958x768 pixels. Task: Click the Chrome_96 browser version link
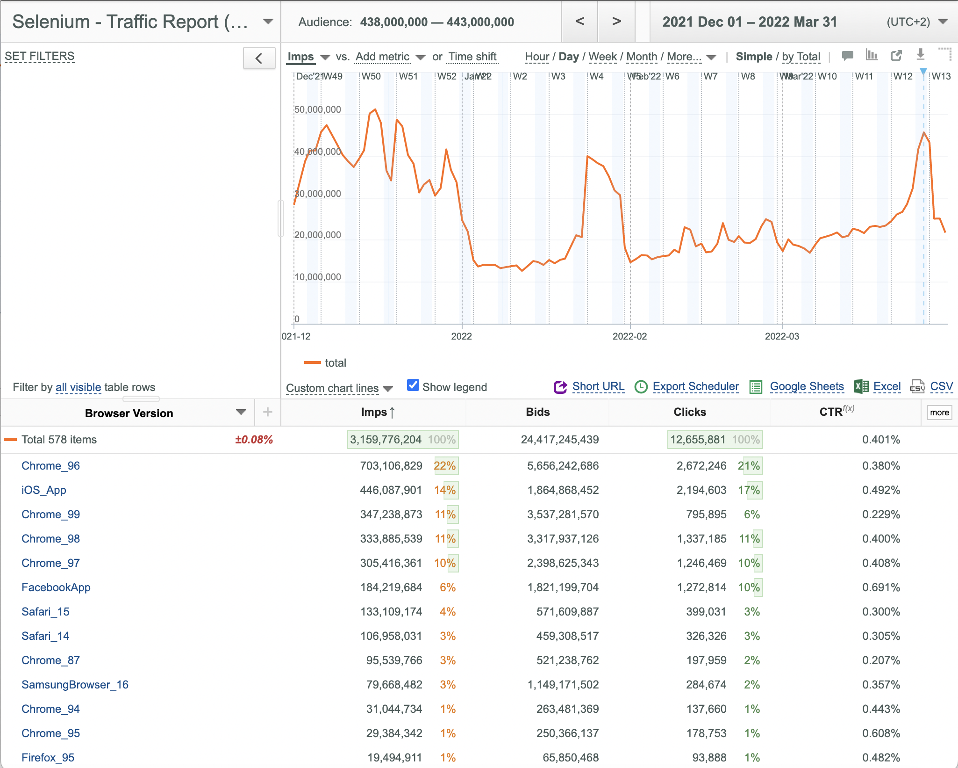[50, 466]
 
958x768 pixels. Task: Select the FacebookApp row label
[56, 587]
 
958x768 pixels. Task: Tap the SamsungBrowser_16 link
[75, 685]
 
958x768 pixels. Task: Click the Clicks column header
[690, 412]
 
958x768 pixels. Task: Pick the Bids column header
[538, 412]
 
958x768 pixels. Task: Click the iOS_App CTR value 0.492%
[881, 490]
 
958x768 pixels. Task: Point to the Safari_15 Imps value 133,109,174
[391, 612]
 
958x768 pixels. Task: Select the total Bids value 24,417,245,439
[560, 440]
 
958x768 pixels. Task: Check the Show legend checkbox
[413, 385]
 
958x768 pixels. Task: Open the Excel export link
[887, 387]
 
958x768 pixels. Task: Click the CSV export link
[941, 387]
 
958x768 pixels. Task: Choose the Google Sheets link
[807, 387]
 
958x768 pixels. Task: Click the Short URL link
[598, 387]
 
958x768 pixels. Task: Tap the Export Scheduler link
[696, 387]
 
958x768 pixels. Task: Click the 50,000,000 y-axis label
[318, 110]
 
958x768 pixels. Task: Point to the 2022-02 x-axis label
[630, 336]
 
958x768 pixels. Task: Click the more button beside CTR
[939, 413]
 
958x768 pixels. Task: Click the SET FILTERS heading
[40, 57]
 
